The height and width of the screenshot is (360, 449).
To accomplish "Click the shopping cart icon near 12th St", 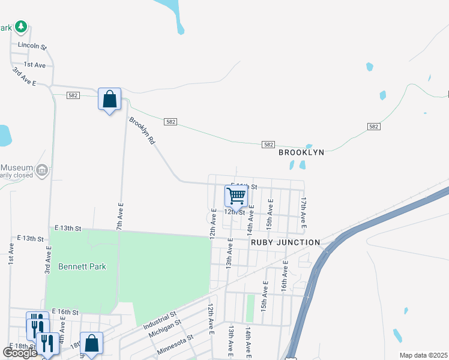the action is (236, 196).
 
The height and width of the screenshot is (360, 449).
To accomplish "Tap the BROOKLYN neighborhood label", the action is (301, 152).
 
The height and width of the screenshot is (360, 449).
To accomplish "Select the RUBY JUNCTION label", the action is (285, 243).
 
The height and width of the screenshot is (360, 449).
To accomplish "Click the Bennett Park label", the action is (82, 266).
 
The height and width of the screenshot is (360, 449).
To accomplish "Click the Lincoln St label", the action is (32, 46).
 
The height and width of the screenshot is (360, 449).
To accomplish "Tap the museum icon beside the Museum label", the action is (42, 170).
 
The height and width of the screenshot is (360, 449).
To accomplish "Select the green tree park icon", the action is (21, 26).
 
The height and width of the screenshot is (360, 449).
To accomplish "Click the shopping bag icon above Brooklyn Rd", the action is (110, 99).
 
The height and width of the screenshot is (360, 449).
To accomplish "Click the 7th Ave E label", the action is (119, 217).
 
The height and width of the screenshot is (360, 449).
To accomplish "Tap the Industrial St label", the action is (160, 320).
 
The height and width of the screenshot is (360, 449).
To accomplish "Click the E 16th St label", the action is (65, 312).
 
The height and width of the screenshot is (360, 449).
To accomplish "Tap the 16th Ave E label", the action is (285, 276).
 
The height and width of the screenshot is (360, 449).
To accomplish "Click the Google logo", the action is (20, 353).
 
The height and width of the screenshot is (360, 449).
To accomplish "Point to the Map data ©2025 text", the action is (423, 355).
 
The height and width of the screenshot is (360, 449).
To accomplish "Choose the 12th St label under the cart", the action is (235, 212).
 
